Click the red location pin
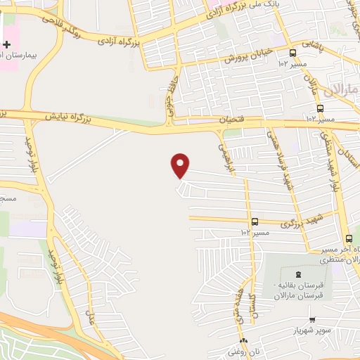(180, 165)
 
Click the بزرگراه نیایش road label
(69, 115)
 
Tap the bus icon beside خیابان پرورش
(293, 53)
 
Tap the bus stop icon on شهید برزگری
(254, 221)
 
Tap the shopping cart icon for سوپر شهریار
(312, 320)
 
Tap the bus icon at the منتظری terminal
(349, 238)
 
